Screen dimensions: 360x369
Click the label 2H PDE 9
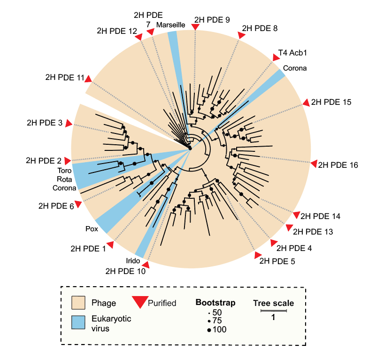(x=212, y=20)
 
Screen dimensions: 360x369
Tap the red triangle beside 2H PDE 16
(x=314, y=163)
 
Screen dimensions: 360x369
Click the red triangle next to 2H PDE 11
(x=88, y=79)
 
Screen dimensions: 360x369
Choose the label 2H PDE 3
(x=45, y=123)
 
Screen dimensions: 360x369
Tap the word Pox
(x=92, y=230)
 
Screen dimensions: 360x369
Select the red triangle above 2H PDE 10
(x=146, y=265)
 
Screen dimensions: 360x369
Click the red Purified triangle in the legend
(x=138, y=302)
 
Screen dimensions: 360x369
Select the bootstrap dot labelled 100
(x=209, y=330)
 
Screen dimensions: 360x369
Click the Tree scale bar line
(x=274, y=311)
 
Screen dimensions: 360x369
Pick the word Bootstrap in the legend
(x=215, y=302)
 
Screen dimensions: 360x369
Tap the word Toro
(x=64, y=170)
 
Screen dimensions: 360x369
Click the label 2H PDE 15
(x=331, y=102)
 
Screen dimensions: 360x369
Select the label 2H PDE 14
(x=320, y=216)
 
